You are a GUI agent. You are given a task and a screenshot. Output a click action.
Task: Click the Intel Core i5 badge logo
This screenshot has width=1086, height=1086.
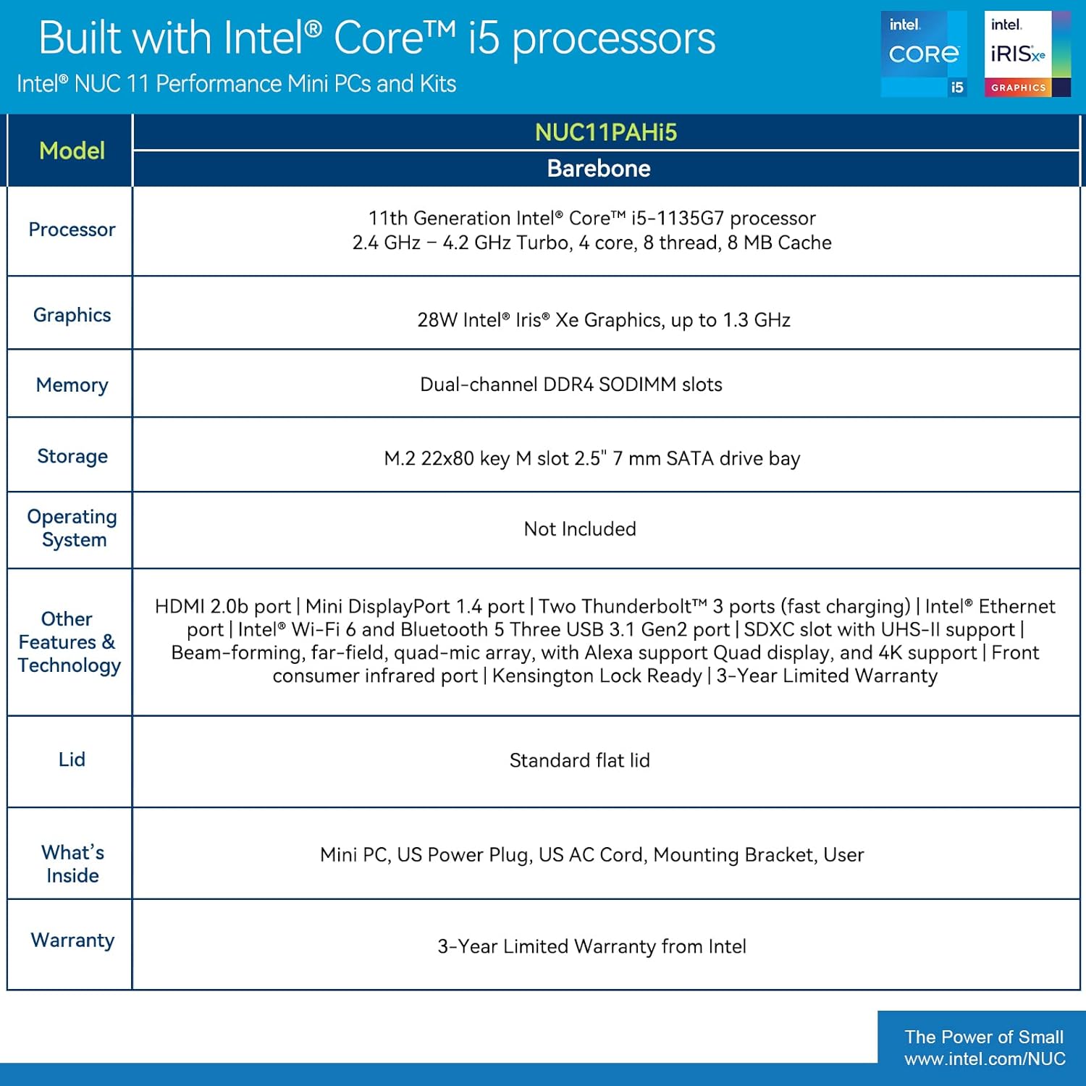click(924, 54)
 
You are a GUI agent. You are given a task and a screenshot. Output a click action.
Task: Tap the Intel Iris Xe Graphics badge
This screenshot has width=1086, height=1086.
click(1027, 54)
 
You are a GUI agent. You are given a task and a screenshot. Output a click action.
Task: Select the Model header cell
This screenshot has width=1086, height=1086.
click(72, 151)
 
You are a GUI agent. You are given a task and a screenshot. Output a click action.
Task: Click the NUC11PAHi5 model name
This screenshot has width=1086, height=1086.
click(606, 132)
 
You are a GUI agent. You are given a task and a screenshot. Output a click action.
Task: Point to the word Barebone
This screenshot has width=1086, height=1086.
click(599, 169)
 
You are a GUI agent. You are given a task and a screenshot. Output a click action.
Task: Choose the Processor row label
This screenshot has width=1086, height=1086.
click(72, 230)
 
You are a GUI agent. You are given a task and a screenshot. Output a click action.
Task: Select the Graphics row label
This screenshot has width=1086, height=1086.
click(72, 315)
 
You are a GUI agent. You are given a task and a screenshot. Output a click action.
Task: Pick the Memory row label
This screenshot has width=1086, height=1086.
click(72, 385)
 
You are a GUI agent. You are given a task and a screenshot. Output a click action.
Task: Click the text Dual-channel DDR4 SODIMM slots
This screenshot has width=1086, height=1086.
click(571, 384)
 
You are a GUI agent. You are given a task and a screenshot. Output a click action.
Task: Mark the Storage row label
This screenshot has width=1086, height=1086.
click(72, 456)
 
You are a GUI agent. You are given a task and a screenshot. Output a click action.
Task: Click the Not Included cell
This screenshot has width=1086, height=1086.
click(580, 529)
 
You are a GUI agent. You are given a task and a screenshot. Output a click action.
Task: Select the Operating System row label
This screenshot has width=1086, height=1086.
click(72, 528)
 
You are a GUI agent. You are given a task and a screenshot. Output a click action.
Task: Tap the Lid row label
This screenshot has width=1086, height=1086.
click(72, 759)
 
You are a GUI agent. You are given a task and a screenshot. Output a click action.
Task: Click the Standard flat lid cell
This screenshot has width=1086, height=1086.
click(580, 760)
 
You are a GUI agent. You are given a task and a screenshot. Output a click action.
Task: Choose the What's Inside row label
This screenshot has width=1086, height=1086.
click(72, 864)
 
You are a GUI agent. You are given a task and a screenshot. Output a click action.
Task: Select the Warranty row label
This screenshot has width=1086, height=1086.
click(72, 940)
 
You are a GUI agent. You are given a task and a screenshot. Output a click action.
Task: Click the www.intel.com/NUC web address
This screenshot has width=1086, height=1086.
click(985, 1059)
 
